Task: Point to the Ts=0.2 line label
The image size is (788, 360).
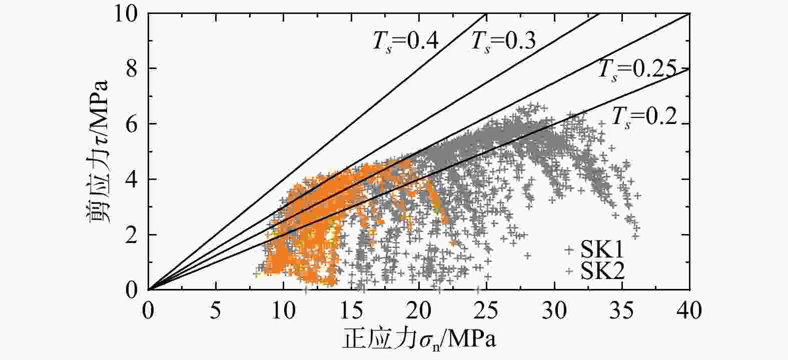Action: point(644,116)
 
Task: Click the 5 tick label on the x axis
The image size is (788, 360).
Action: point(216,310)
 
